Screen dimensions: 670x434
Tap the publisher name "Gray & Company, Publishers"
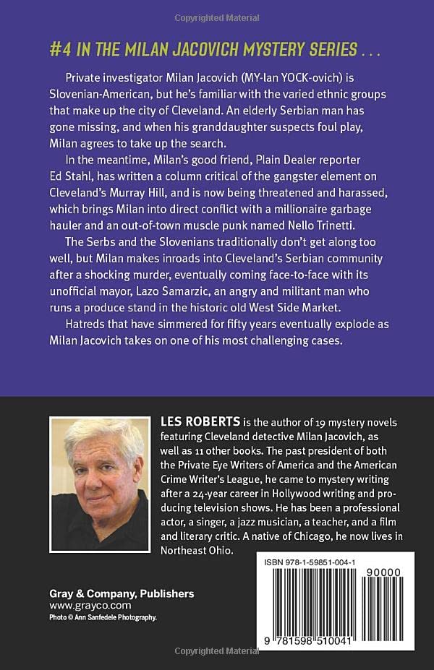click(122, 593)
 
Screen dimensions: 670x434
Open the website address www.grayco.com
click(80, 606)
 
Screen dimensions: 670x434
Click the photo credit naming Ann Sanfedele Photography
click(103, 617)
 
